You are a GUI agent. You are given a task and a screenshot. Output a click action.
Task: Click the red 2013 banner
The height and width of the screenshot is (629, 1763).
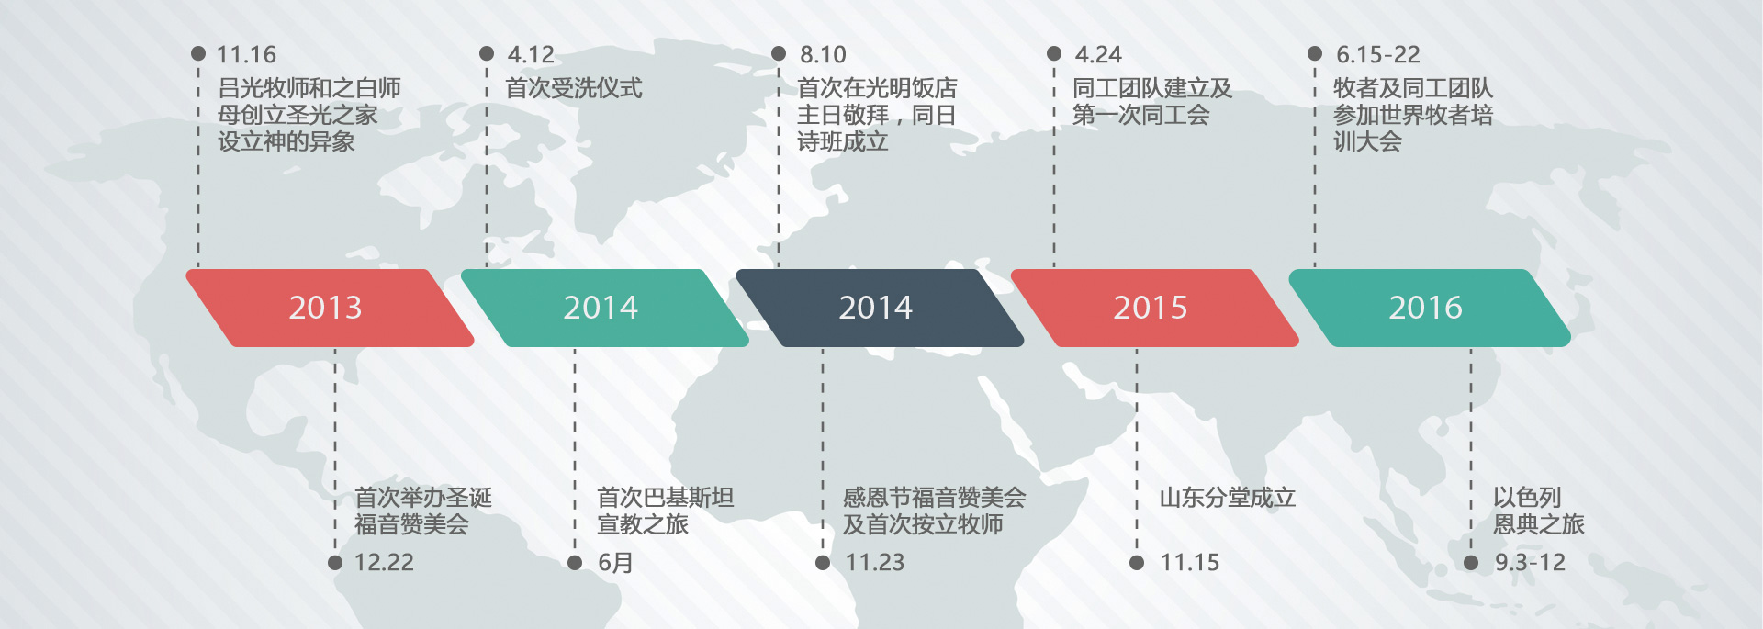pyautogui.click(x=330, y=308)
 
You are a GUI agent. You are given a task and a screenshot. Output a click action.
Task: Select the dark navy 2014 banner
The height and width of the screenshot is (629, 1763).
pyautogui.click(x=880, y=308)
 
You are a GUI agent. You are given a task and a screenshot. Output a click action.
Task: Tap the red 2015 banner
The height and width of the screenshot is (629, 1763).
pyautogui.click(x=1155, y=308)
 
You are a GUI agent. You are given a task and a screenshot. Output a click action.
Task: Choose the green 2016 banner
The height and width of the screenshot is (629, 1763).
pyautogui.click(x=1430, y=308)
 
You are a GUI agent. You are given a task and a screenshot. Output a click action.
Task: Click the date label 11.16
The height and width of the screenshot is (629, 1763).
pyautogui.click(x=246, y=55)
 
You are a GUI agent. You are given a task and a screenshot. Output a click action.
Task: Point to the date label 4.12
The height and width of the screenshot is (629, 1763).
pyautogui.click(x=531, y=55)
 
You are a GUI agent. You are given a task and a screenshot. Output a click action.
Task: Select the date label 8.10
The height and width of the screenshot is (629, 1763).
pyautogui.click(x=823, y=55)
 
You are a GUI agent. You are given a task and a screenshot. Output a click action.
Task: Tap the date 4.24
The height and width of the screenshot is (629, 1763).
pyautogui.click(x=1098, y=55)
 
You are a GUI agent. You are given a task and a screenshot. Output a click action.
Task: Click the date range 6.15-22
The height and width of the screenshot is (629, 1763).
pyautogui.click(x=1378, y=55)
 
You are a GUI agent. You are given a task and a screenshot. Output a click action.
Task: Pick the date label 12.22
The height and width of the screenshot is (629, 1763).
pyautogui.click(x=384, y=563)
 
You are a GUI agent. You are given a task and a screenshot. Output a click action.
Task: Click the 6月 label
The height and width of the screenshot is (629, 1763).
pyautogui.click(x=615, y=563)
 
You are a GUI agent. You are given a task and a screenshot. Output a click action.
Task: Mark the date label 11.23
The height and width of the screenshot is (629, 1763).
pyautogui.click(x=875, y=563)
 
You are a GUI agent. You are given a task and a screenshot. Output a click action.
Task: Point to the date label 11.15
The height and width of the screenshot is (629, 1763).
pyautogui.click(x=1190, y=563)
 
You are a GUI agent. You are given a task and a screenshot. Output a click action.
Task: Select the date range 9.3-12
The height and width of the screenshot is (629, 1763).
pyautogui.click(x=1531, y=563)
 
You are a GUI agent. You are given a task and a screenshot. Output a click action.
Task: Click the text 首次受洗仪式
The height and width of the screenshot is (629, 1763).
pyautogui.click(x=574, y=88)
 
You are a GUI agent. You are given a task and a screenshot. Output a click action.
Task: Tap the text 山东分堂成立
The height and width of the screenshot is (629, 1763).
pyautogui.click(x=1228, y=498)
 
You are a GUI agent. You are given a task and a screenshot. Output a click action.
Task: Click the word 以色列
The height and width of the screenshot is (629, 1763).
pyautogui.click(x=1527, y=498)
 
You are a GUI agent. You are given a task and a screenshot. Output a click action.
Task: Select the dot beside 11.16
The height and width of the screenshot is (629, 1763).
pyautogui.click(x=198, y=53)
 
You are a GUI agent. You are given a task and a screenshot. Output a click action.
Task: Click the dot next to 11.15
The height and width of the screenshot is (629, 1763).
pyautogui.click(x=1137, y=563)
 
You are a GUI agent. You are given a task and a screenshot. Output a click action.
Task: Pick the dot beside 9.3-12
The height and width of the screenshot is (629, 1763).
pyautogui.click(x=1471, y=563)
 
